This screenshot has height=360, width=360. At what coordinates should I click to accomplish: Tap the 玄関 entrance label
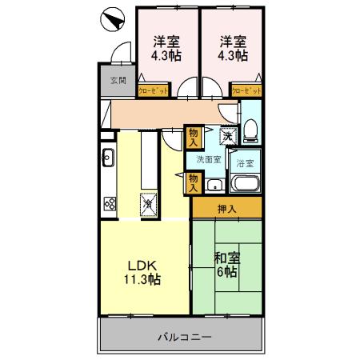(x=118, y=81)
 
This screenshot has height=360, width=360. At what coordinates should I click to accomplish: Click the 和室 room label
(x=226, y=258)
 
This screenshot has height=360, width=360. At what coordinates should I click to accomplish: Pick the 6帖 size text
(x=226, y=272)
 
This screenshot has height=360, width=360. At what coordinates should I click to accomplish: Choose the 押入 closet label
(x=226, y=210)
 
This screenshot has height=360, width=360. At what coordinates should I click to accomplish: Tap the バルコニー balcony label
(x=183, y=337)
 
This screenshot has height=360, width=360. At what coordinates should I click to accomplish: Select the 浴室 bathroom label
(x=245, y=163)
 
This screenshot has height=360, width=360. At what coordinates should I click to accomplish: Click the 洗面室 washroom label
(x=209, y=158)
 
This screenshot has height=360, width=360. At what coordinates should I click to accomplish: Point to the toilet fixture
(x=250, y=129)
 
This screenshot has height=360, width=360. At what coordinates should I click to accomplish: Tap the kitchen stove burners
(x=109, y=203)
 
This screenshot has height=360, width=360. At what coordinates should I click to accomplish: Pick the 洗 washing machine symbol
(x=228, y=136)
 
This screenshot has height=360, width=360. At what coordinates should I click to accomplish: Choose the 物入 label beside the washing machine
(x=193, y=136)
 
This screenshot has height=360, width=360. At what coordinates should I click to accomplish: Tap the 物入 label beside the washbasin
(x=193, y=183)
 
